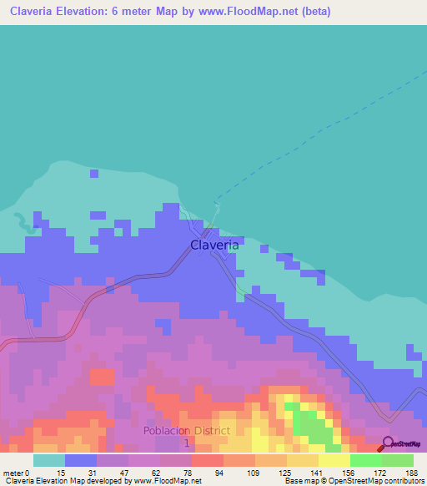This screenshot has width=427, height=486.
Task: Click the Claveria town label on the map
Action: tap(214, 246)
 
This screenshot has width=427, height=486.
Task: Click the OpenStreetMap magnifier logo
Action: tap(389, 443)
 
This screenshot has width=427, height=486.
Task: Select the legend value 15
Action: tap(61, 472)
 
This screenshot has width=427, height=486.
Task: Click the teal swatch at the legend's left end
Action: tap(48, 460)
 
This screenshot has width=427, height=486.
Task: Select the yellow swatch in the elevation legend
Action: tap(334, 460)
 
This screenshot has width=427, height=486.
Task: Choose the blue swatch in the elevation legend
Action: tap(80, 460)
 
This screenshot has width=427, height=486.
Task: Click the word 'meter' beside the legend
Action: tap(13, 472)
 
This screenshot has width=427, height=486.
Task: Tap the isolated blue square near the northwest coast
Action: tap(93, 174)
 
